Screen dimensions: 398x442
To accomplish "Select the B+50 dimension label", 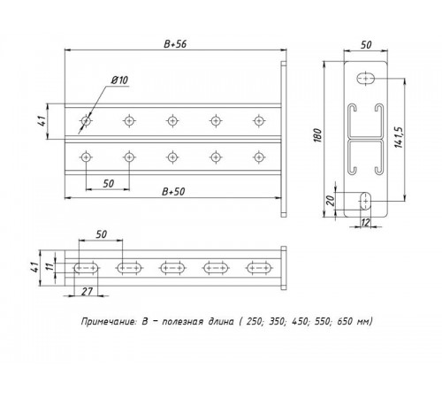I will (x=173, y=191).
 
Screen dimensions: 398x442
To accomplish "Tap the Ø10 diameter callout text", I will (x=119, y=80).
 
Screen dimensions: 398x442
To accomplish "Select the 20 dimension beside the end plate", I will (x=330, y=200).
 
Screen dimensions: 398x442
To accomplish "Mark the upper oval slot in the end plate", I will (x=365, y=80).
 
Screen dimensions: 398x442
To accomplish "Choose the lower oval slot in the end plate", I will (x=364, y=200).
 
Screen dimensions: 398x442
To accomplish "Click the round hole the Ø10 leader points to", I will (x=85, y=119).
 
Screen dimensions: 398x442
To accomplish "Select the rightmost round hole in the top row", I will (x=259, y=119).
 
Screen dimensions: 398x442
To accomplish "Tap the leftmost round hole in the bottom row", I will (x=85, y=157).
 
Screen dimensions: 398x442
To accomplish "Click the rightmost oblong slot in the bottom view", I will (x=259, y=265).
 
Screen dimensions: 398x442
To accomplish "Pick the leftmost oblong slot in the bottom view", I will (x=86, y=265).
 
